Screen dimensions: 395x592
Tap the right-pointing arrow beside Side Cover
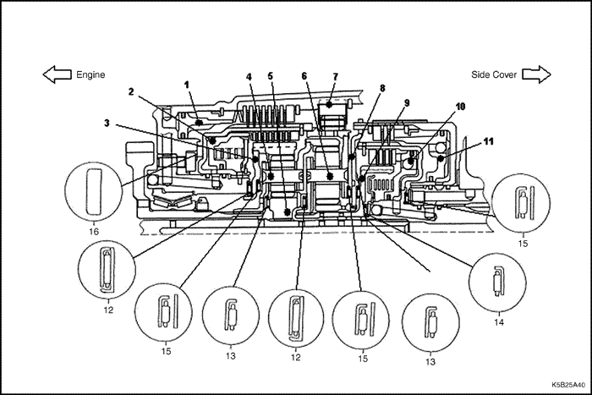point(534,74)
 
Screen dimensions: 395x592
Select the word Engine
point(90,74)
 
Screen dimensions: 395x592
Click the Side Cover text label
point(494,74)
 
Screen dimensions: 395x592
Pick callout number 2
point(131,91)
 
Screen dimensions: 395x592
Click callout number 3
point(107,123)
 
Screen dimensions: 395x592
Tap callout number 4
point(249,77)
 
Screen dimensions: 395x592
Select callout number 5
point(271,76)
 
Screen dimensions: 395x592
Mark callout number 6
point(303,76)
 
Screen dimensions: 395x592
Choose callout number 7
point(335,76)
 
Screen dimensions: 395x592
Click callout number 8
point(382,87)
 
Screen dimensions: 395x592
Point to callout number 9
point(406,102)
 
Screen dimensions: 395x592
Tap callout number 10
point(460,107)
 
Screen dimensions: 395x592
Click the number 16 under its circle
point(93,228)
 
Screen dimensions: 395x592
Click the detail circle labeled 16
point(93,191)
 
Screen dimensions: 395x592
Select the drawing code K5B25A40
point(565,383)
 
